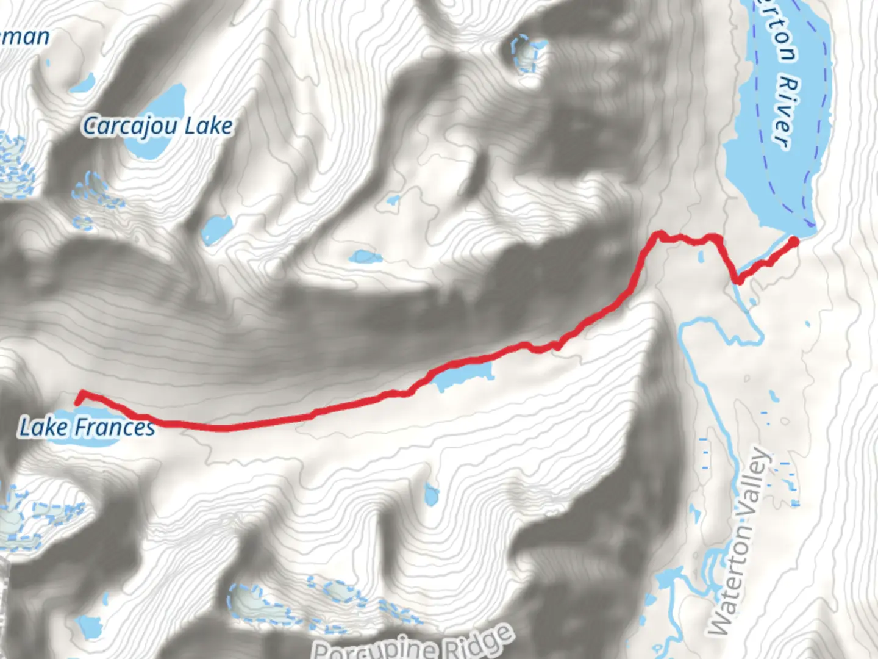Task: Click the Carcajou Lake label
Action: (157, 126)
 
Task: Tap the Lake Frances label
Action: (87, 427)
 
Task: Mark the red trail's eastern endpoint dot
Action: (794, 242)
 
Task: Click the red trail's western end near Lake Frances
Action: (79, 400)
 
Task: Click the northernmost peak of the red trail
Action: (659, 234)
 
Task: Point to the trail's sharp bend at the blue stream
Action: (738, 280)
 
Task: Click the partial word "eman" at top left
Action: (24, 37)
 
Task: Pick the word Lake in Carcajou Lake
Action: (209, 126)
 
